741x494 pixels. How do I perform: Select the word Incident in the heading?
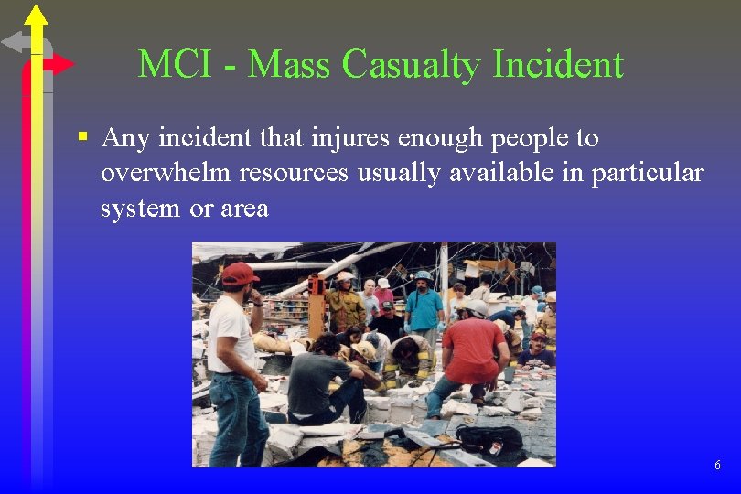(x=558, y=64)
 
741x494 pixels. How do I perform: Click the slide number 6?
(x=717, y=466)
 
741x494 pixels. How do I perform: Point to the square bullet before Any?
(x=82, y=138)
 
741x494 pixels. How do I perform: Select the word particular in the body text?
(x=649, y=173)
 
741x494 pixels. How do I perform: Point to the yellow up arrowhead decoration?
(x=36, y=15)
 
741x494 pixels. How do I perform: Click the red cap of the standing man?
(x=239, y=273)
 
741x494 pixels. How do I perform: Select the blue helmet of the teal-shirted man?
(x=423, y=275)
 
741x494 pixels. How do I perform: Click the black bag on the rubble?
(x=490, y=440)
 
